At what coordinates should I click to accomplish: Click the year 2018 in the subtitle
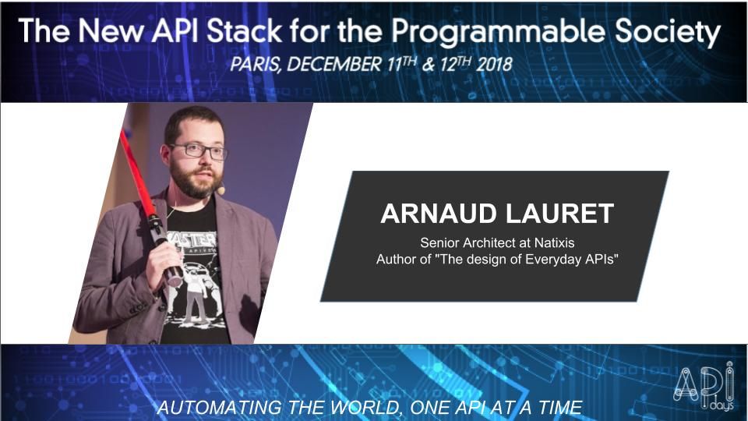(489, 64)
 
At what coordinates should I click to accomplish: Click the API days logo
(704, 386)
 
